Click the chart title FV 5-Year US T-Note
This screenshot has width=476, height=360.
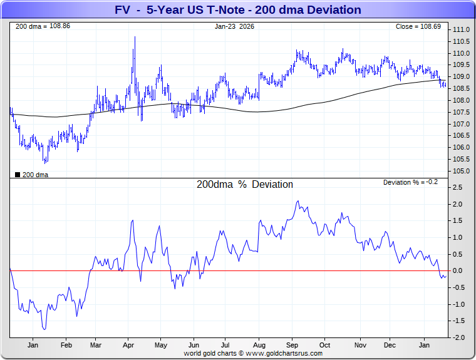pos(238,10)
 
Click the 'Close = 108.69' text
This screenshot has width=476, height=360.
pos(418,27)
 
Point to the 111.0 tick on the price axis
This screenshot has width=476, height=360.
pos(462,30)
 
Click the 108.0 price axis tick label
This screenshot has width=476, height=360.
pos(462,100)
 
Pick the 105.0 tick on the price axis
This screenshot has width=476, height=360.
pos(462,171)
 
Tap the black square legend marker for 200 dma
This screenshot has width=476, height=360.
pos(17,175)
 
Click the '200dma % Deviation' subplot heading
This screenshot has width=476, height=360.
pos(244,185)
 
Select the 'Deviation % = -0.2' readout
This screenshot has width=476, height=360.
pos(410,182)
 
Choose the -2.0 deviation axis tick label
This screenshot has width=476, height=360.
pos(459,337)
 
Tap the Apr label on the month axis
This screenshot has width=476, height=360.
pos(129,346)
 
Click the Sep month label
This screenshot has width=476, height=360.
pos(292,346)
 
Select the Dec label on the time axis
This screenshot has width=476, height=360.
pos(390,346)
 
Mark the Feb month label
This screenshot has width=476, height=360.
pos(66,346)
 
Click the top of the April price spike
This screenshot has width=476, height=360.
pos(135,37)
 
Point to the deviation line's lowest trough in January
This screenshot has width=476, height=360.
pos(44,329)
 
